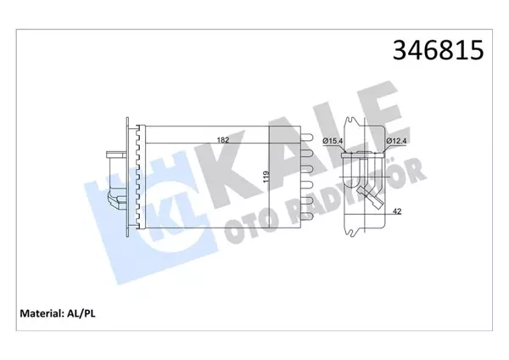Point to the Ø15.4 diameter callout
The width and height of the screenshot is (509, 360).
(x=332, y=141)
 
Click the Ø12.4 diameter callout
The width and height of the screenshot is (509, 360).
(x=397, y=141)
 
